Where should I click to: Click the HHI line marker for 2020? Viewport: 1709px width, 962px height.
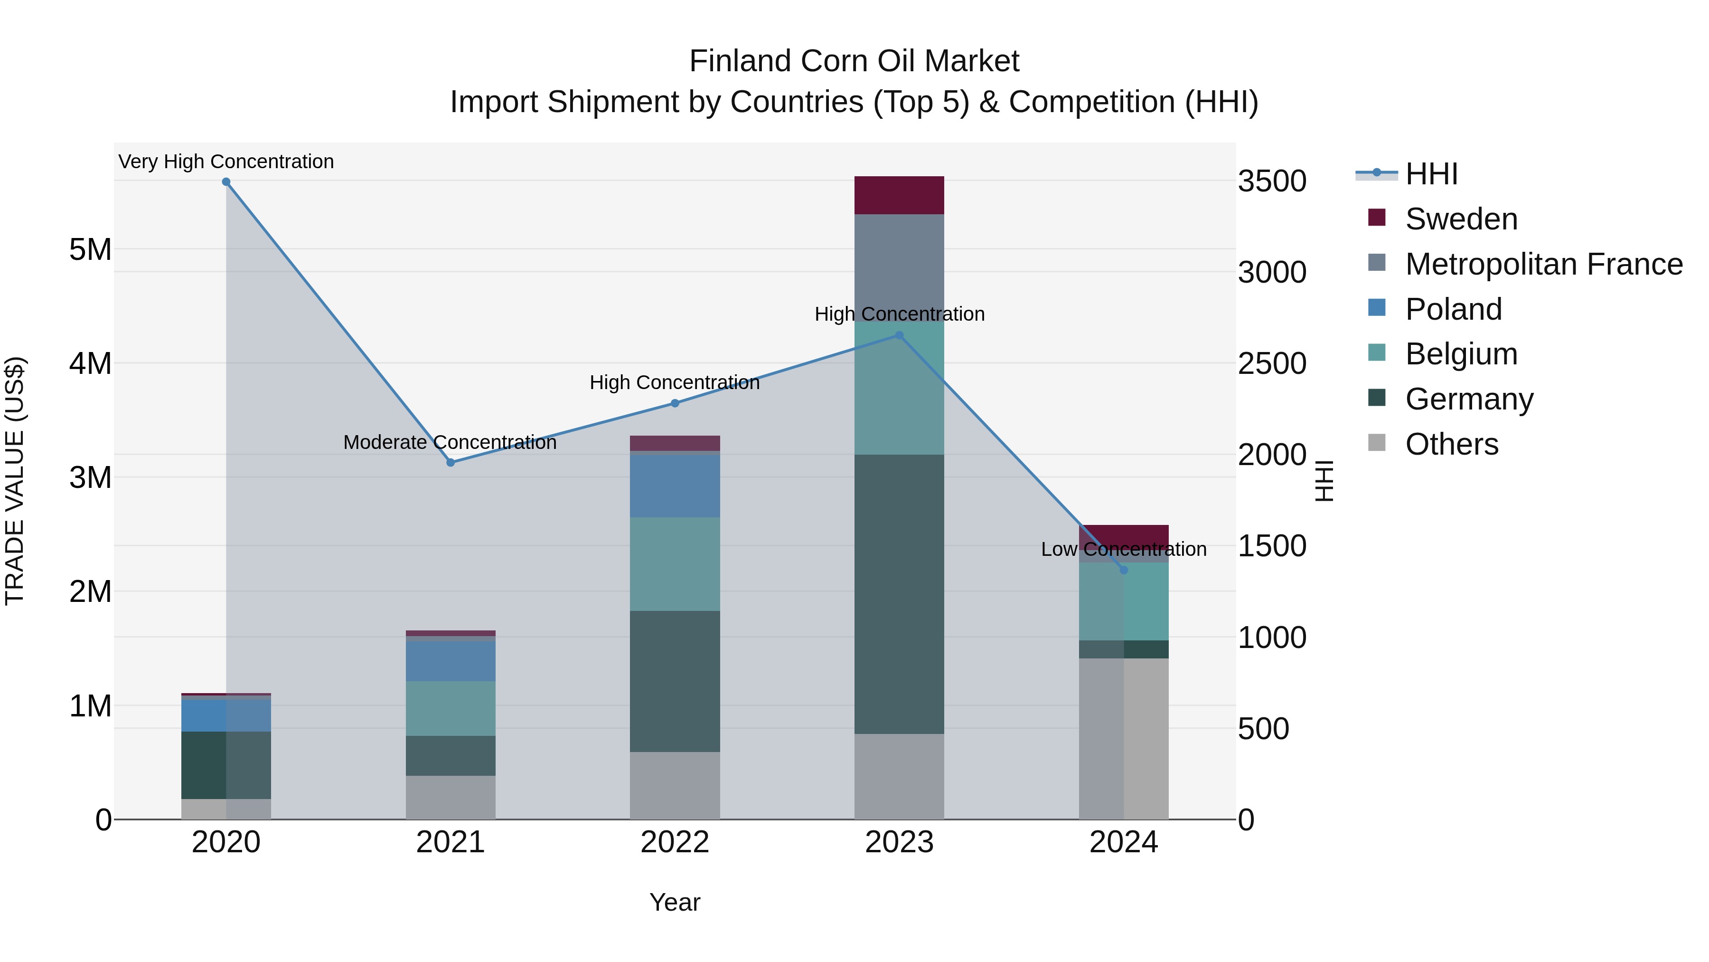point(226,182)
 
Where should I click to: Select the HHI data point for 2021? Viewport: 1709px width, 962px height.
point(451,463)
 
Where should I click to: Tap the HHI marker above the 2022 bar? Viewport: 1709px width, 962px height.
point(675,403)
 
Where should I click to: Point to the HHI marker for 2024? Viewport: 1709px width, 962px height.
point(1124,570)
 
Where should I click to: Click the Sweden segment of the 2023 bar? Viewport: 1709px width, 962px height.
point(899,195)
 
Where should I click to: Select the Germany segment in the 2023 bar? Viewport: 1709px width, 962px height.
point(899,594)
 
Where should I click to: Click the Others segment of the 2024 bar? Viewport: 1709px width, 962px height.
point(1124,738)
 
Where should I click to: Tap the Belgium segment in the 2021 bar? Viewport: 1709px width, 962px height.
point(451,708)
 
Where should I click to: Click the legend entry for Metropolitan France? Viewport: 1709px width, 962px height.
point(1543,264)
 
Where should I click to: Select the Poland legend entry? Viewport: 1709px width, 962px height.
point(1453,309)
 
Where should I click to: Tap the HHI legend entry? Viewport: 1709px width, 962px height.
point(1430,174)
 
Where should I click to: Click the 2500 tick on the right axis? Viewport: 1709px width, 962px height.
point(1271,364)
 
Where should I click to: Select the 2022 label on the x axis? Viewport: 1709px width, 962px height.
point(675,842)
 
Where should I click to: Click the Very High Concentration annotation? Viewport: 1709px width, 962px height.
point(226,162)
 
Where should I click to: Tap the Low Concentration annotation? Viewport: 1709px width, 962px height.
point(1124,549)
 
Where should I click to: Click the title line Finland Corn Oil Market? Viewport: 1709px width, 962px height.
point(854,61)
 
